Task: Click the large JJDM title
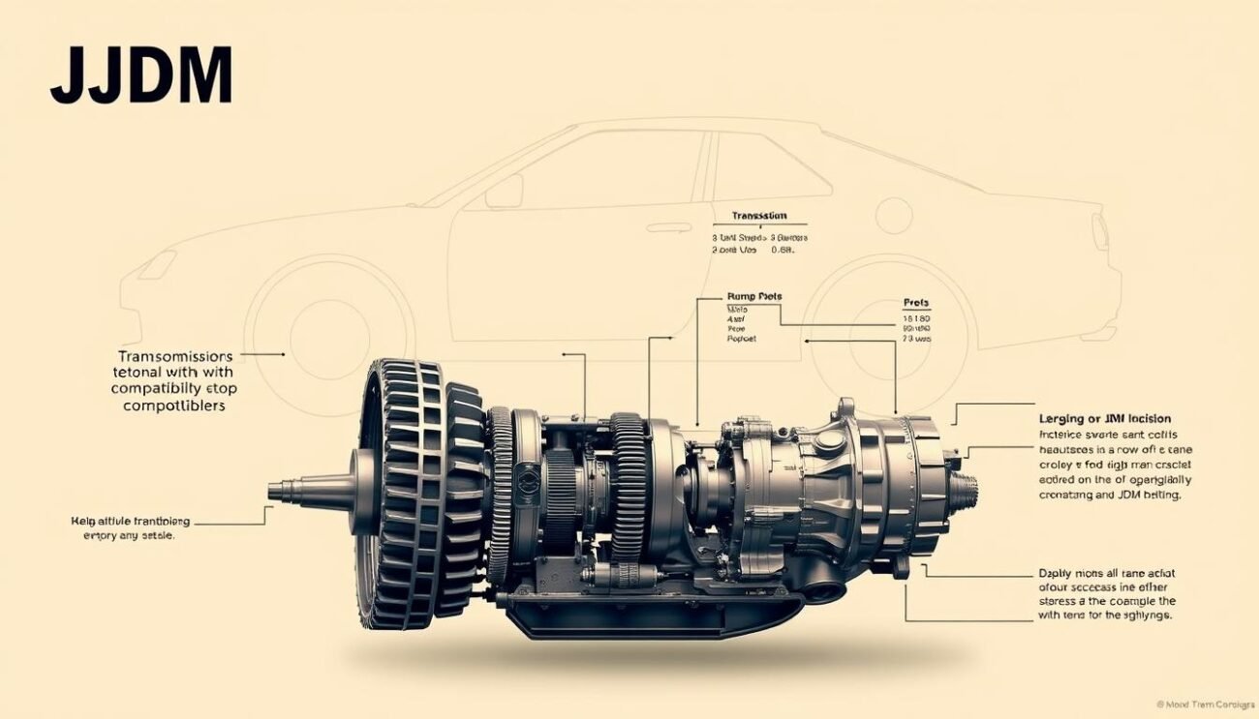(x=141, y=75)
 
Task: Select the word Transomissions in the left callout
(x=174, y=356)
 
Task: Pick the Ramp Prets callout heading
(x=753, y=296)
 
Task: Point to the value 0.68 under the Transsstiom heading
(x=782, y=250)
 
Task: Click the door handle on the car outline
(x=669, y=227)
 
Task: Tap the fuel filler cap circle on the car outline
(x=893, y=215)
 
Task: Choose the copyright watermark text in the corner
(x=1203, y=704)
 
